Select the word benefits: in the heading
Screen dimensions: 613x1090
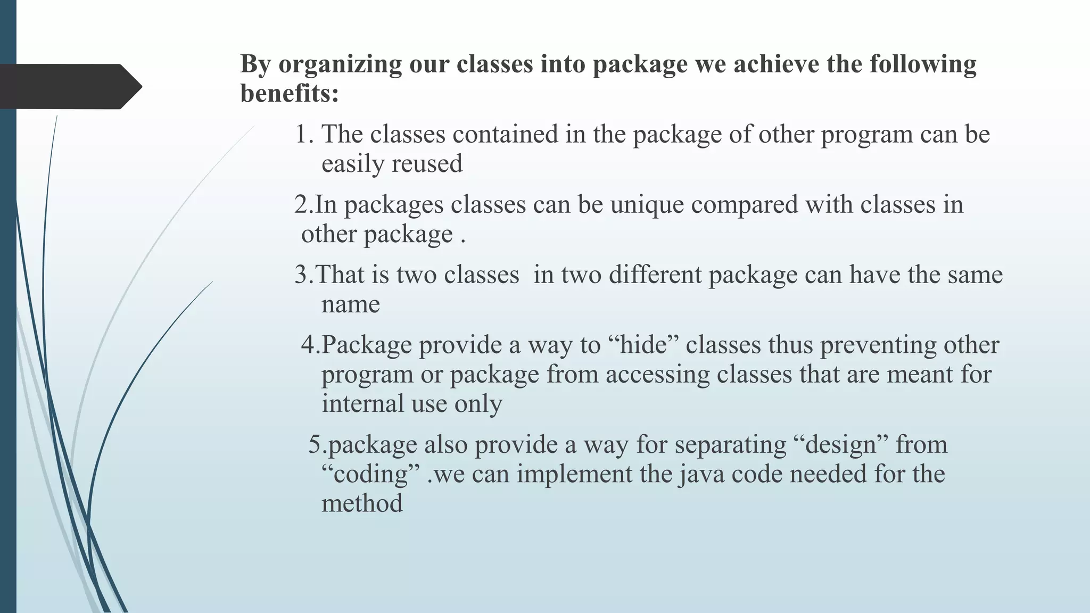[x=290, y=94]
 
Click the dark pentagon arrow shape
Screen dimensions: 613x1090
[x=69, y=87]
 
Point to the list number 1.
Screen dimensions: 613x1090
[x=304, y=134]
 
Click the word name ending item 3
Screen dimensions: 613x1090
[x=350, y=305]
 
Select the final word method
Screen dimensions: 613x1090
[x=362, y=504]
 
